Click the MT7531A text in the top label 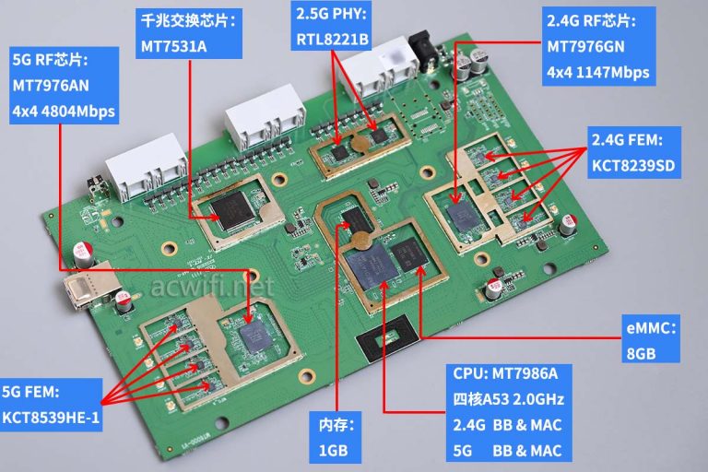[x=172, y=45]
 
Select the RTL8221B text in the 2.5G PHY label [x=333, y=40]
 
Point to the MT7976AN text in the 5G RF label [x=52, y=88]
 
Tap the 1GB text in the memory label [x=333, y=451]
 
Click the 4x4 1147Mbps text [x=598, y=72]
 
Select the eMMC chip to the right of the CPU [x=405, y=255]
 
